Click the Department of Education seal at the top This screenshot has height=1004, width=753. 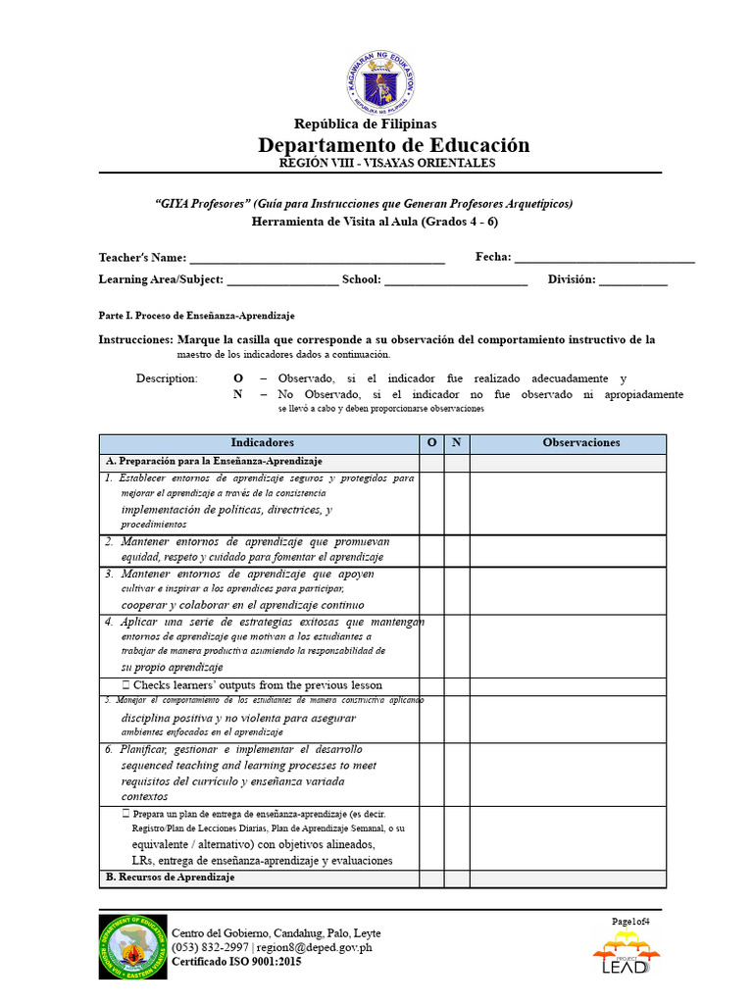pyautogui.click(x=381, y=81)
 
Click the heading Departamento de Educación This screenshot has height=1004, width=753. pyautogui.click(x=393, y=145)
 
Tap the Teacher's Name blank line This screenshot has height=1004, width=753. pyautogui.click(x=317, y=260)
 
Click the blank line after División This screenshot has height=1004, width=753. pyautogui.click(x=632, y=282)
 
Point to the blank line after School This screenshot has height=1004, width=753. pyautogui.click(x=456, y=282)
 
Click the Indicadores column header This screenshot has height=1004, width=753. pyautogui.click(x=262, y=443)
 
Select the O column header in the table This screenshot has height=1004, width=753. pyautogui.click(x=431, y=443)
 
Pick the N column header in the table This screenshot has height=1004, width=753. pyautogui.click(x=456, y=443)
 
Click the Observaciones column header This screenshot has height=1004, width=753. pyautogui.click(x=581, y=443)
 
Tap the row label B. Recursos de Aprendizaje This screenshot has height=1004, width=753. pyautogui.click(x=171, y=878)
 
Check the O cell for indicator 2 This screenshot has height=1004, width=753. pyautogui.click(x=431, y=549)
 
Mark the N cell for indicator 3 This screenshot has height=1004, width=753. pyautogui.click(x=456, y=589)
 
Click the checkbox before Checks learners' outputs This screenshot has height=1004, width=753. pyautogui.click(x=126, y=685)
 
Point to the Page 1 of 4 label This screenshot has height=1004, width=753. pyautogui.click(x=630, y=921)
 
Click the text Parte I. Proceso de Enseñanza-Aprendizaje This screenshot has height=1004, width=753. pyautogui.click(x=196, y=316)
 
